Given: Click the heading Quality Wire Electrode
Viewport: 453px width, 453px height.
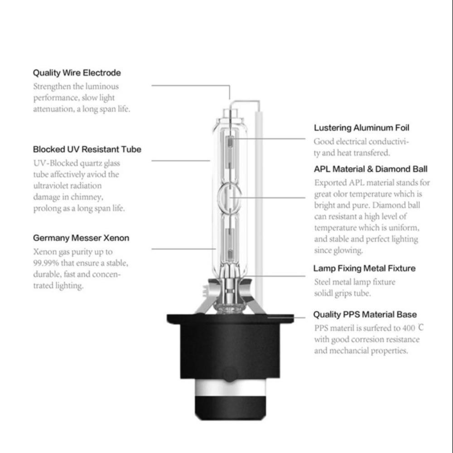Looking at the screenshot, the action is pos(77,73).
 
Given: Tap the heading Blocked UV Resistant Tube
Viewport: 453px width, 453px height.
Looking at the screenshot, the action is pos(87,149).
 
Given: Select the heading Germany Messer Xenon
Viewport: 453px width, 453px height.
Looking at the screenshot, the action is pos(81,238).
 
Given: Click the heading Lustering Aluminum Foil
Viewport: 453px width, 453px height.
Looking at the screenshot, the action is pos(361,128).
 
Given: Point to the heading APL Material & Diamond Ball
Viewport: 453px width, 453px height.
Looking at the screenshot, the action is pos(371,169).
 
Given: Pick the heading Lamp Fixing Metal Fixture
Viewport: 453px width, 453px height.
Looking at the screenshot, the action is pos(364,268).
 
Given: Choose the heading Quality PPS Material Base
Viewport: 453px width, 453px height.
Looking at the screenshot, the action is pos(365,314).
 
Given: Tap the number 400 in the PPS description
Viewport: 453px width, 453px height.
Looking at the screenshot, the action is pos(409,328).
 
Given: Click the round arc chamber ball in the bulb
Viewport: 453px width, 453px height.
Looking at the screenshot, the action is pos(230,198).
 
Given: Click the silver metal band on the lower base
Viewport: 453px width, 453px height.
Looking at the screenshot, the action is pos(230,388).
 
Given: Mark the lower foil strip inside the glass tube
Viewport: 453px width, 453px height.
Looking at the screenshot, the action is pos(230,243).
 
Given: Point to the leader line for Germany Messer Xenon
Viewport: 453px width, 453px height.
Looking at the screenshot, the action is pos(184,248).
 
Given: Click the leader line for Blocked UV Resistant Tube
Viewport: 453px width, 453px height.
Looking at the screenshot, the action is pos(181,160).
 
